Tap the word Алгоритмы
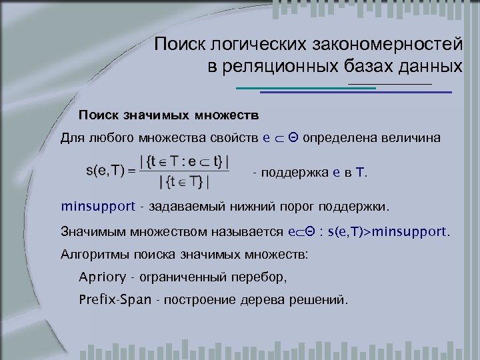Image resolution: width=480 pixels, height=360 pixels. pos(91,255)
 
